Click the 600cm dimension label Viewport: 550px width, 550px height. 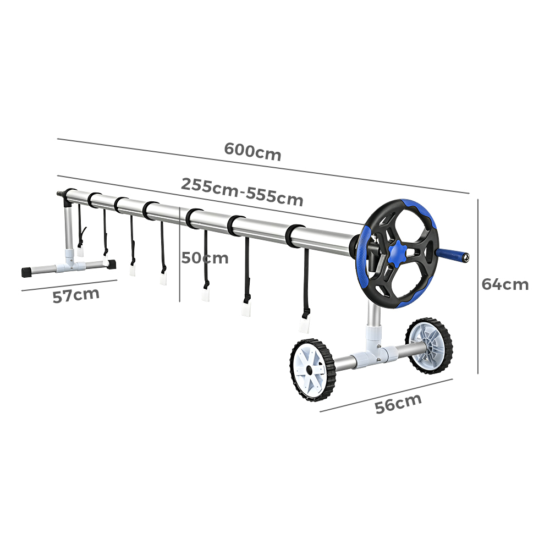[x=252, y=151]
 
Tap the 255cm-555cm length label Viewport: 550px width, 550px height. [x=241, y=192]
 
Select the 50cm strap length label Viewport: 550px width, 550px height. [x=205, y=258]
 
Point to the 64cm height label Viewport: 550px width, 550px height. [x=505, y=284]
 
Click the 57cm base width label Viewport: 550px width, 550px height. [x=76, y=295]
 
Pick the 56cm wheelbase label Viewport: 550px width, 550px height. [x=398, y=403]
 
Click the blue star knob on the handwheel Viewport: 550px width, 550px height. [x=398, y=251]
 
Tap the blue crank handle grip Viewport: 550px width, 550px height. [x=453, y=255]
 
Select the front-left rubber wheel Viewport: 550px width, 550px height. [x=311, y=370]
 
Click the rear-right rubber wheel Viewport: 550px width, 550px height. [x=429, y=346]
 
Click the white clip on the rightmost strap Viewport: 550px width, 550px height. [x=304, y=326]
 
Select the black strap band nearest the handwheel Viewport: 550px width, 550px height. [x=295, y=236]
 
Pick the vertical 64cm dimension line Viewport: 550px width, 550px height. [x=478, y=286]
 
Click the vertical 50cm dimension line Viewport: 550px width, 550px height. [x=180, y=254]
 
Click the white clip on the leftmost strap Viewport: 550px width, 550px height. [x=80, y=252]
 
